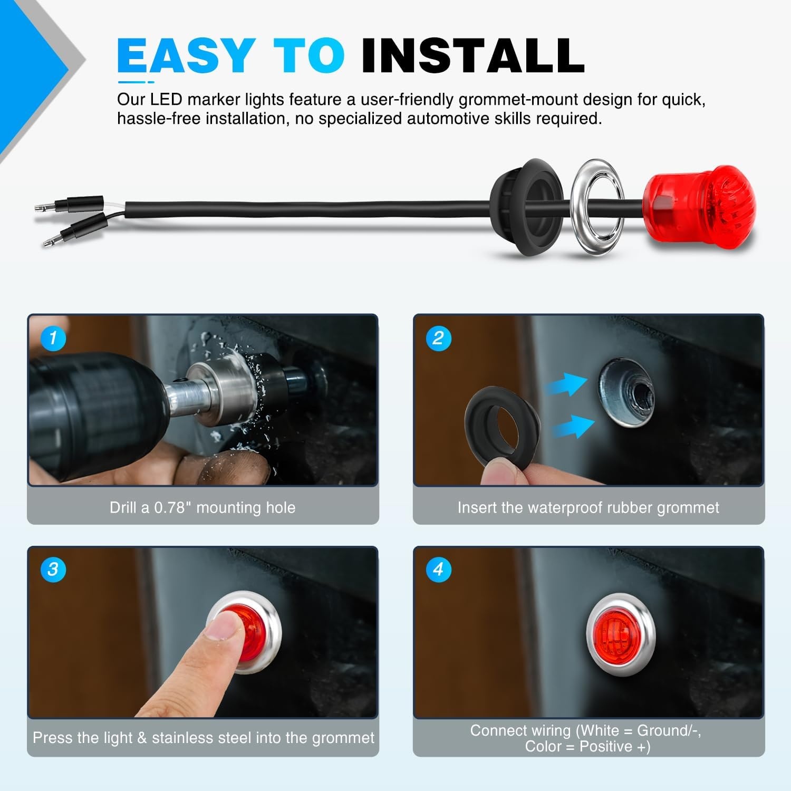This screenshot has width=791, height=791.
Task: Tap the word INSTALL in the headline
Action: [x=473, y=55]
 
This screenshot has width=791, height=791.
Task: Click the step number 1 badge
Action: [x=53, y=337]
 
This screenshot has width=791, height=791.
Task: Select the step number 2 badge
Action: [x=438, y=337]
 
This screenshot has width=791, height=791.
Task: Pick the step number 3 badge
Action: [x=53, y=570]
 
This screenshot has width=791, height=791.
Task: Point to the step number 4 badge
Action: [x=438, y=570]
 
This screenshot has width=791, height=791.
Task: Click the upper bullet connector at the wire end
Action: [x=69, y=204]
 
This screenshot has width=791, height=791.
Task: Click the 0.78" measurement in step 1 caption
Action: [x=172, y=507]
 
